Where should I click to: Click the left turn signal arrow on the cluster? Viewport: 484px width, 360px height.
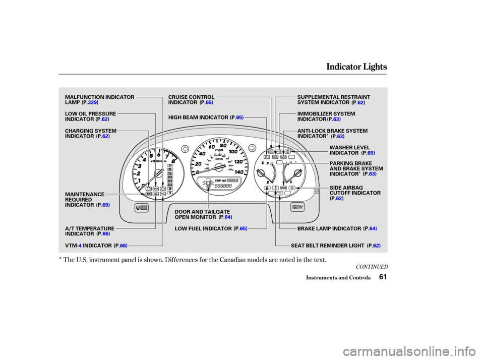click(185, 148)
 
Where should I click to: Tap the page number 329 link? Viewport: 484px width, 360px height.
click(92, 103)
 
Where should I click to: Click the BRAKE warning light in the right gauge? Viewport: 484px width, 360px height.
click(283, 188)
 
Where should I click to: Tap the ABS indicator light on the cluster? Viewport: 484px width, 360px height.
click(283, 157)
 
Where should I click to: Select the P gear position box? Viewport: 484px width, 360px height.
click(170, 165)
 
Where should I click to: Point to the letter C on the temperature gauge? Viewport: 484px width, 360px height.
click(291, 181)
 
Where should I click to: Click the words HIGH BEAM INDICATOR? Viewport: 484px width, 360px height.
click(198, 117)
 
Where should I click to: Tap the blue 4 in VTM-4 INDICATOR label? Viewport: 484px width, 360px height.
click(80, 246)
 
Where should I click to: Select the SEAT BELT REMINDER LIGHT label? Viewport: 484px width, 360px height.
click(328, 246)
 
